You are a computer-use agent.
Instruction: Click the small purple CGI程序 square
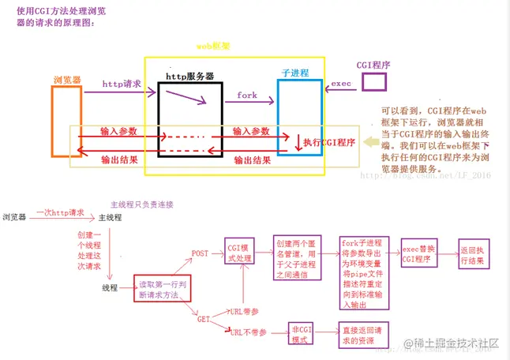[373, 82]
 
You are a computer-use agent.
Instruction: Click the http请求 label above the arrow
[122, 83]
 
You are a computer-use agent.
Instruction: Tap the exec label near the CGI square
[341, 82]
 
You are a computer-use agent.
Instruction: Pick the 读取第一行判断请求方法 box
[164, 288]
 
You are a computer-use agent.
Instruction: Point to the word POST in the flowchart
[201, 253]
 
